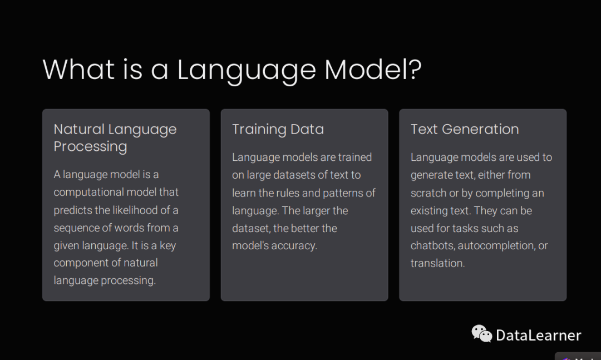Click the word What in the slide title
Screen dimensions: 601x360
click(78, 70)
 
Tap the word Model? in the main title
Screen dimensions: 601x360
click(373, 70)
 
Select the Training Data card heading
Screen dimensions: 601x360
click(278, 130)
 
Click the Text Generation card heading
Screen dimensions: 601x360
click(465, 129)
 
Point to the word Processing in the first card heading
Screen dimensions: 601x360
click(90, 147)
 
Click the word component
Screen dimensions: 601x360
click(78, 263)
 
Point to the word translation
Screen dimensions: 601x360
click(437, 263)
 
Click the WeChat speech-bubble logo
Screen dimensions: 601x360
click(481, 333)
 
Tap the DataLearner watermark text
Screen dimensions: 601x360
click(539, 336)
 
